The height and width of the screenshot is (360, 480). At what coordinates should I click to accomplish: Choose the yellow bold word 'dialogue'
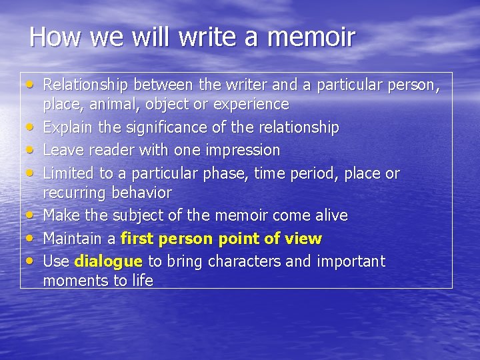(109, 261)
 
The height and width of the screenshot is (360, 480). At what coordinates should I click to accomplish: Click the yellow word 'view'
(305, 239)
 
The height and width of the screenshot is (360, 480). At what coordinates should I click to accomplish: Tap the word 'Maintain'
(70, 239)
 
